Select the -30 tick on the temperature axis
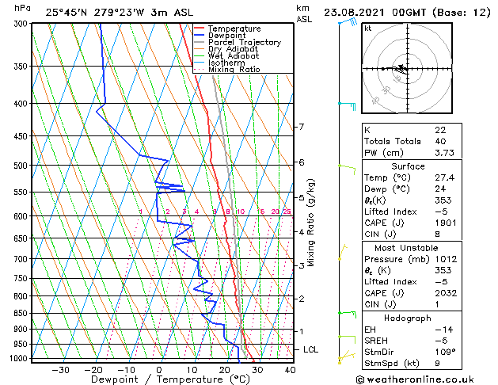point(60,370)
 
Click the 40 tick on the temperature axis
point(290,370)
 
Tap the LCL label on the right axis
point(311,349)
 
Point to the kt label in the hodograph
point(367,29)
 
